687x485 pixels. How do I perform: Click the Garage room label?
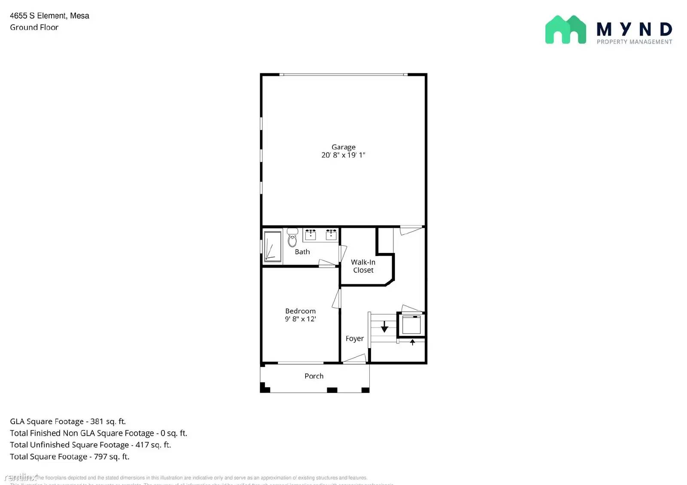(343, 147)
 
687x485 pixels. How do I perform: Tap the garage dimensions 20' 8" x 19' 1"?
(343, 155)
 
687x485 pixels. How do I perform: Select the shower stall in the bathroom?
(272, 247)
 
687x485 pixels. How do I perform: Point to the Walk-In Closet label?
(363, 266)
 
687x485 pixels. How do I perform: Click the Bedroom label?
(300, 311)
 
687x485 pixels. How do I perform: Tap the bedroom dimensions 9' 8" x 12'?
(300, 319)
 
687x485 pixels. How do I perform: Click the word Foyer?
(354, 338)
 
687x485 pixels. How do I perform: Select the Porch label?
(314, 376)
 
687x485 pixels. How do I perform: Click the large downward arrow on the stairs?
(384, 327)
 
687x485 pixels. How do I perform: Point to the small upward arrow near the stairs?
(412, 342)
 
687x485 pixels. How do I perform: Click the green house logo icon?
(565, 30)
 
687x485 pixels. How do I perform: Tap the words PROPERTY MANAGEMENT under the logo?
(634, 42)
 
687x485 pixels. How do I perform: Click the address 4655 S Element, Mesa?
(49, 16)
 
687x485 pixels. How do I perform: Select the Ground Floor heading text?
(34, 27)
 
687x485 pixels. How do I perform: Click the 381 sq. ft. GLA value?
(108, 422)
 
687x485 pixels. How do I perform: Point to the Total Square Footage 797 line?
(70, 457)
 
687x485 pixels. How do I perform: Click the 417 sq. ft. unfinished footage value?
(153, 445)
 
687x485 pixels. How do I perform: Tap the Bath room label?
(302, 252)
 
